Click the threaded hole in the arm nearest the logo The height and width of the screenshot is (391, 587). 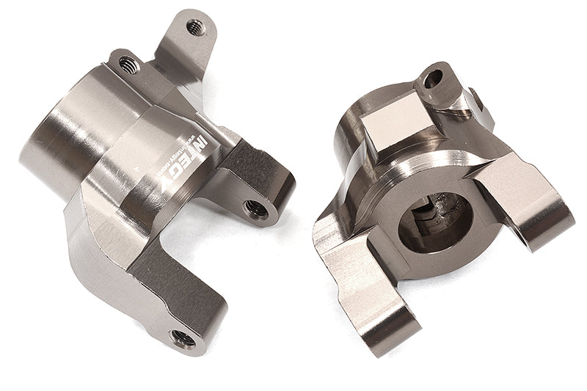(256, 208)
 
